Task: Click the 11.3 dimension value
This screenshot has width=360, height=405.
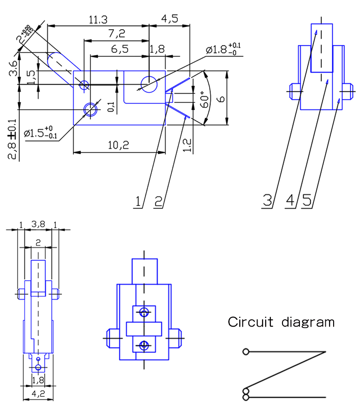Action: [x=98, y=20]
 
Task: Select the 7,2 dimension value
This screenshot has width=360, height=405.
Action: [x=116, y=34]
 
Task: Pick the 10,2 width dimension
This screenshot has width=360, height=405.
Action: [x=119, y=146]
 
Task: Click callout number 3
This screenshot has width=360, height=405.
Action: [x=267, y=201]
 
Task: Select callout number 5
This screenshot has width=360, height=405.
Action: [x=307, y=201]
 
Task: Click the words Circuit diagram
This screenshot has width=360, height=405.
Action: [x=281, y=323]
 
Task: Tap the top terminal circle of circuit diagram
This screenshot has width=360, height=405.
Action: [x=246, y=352]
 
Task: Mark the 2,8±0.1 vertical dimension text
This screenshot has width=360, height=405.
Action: [x=13, y=139]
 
